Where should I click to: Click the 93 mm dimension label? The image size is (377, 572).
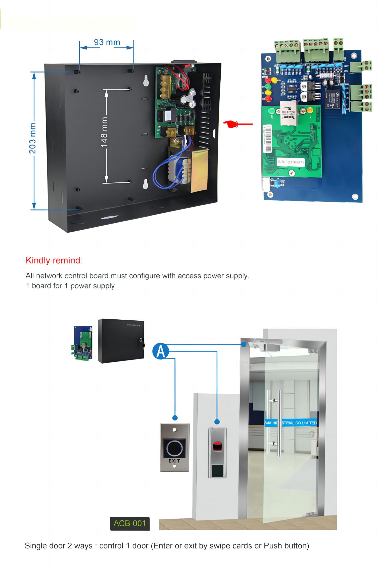click(x=107, y=42)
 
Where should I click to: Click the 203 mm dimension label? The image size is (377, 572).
click(x=32, y=138)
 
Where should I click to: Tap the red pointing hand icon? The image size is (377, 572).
click(x=232, y=124)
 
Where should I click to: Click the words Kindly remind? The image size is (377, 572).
click(x=53, y=260)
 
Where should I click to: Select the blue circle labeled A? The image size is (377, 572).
click(x=160, y=351)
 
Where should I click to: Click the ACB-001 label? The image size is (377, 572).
click(x=130, y=524)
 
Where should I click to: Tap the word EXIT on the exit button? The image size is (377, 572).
click(x=174, y=461)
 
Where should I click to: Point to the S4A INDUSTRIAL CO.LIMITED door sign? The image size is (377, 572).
click(x=290, y=423)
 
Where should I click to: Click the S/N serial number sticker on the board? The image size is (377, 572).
click(x=291, y=162)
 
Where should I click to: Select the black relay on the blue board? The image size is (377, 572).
click(x=333, y=99)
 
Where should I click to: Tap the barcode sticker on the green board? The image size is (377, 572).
click(x=267, y=139)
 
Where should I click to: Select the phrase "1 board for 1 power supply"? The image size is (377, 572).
click(x=70, y=286)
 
